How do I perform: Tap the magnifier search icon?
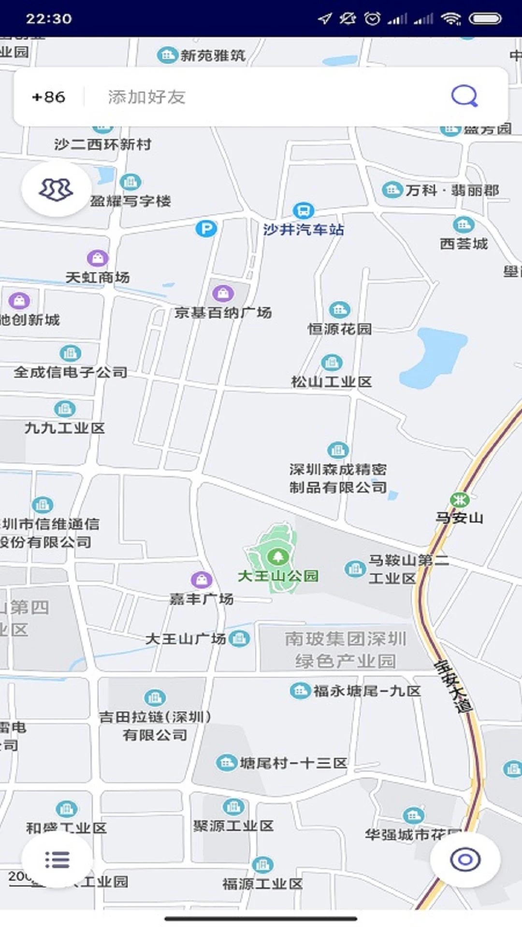click(x=464, y=96)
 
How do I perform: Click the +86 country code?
click(x=48, y=97)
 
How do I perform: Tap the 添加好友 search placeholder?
click(x=146, y=97)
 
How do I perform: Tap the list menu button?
click(x=57, y=859)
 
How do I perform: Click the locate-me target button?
click(x=465, y=859)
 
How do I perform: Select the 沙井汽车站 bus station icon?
click(x=303, y=211)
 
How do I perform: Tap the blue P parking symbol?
click(x=206, y=228)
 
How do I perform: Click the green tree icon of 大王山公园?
click(x=277, y=557)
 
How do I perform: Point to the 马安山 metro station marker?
click(x=459, y=500)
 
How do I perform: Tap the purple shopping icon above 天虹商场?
click(x=98, y=258)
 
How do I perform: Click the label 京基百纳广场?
click(x=223, y=313)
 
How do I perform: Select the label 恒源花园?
click(x=340, y=329)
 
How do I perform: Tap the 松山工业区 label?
click(x=332, y=382)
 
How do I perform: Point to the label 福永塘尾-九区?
click(x=367, y=691)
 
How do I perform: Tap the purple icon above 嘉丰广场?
click(x=201, y=579)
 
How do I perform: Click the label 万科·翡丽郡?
click(x=452, y=190)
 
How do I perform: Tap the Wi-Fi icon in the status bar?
click(x=451, y=19)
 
